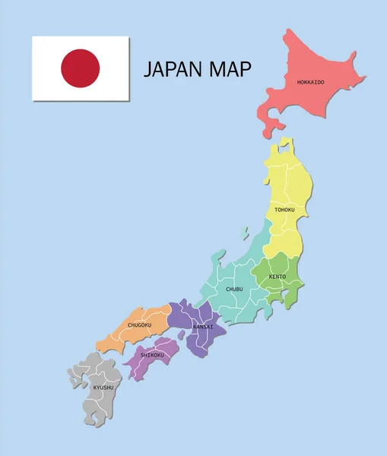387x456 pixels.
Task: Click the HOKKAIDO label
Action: pos(310,81)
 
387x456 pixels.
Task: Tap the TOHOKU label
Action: pos(284,210)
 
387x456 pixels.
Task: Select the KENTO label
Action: pos(278,276)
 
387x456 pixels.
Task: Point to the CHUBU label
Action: pos(234,289)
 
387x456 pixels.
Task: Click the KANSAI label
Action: pos(203,327)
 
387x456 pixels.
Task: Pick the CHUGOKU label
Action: pos(139,325)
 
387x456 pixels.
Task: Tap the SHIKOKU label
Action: pos(153,354)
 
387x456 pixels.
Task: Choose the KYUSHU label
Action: pos(103,388)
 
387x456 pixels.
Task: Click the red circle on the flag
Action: pos(81,68)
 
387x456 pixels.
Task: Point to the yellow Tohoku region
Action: pos(285,182)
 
